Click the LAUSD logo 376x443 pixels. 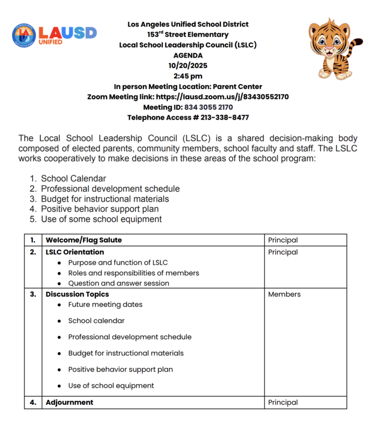pyautogui.click(x=54, y=35)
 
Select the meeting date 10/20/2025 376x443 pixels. pyautogui.click(x=188, y=65)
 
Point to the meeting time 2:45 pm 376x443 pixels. pyautogui.click(x=188, y=76)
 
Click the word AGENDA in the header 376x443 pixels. pyautogui.click(x=188, y=55)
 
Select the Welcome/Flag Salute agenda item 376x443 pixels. pyautogui.click(x=84, y=240)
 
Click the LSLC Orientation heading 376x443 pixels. pyautogui.click(x=75, y=252)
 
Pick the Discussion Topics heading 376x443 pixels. pyautogui.click(x=77, y=294)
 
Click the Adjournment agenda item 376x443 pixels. pyautogui.click(x=69, y=403)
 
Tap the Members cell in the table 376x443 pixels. pyautogui.click(x=284, y=294)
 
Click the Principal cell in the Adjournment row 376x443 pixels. pyautogui.click(x=283, y=403)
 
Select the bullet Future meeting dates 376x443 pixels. pyautogui.click(x=105, y=305)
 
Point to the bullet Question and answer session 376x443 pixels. pyautogui.click(x=119, y=283)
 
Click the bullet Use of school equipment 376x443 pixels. pyautogui.click(x=111, y=385)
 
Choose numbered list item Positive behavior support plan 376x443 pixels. pyautogui.click(x=100, y=209)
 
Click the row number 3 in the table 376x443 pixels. pyautogui.click(x=33, y=294)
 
